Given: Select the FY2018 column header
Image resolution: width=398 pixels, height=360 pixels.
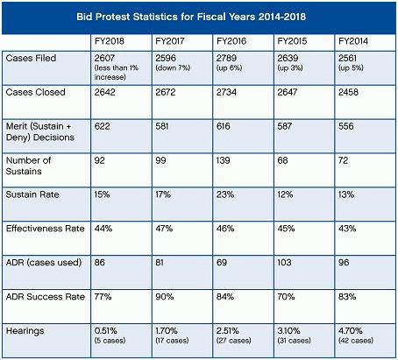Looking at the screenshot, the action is [x=110, y=41].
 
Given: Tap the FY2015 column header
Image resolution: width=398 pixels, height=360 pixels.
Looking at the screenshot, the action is [x=292, y=41].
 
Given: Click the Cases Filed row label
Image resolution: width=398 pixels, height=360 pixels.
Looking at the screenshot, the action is [x=31, y=58].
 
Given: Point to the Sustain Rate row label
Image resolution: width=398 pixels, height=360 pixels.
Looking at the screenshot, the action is [x=32, y=194].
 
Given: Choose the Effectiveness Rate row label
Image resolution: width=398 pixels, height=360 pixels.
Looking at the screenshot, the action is [x=46, y=229].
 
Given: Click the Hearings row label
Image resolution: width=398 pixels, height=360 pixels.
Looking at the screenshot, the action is [x=25, y=331].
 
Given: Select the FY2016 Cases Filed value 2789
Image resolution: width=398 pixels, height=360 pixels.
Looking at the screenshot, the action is [x=226, y=58].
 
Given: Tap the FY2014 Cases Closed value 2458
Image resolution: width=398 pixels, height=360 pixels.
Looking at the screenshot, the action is [x=348, y=92].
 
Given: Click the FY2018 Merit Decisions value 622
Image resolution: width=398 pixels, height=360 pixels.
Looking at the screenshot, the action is [x=102, y=126].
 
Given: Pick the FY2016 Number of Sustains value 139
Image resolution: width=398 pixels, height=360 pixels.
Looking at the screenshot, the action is [x=224, y=160].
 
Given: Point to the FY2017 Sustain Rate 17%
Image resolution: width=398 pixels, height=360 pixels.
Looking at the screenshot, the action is [x=163, y=194].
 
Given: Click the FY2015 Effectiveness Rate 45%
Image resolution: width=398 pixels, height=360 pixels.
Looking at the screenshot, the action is [x=286, y=229].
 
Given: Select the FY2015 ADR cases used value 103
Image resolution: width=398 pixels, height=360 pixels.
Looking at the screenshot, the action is [x=284, y=263].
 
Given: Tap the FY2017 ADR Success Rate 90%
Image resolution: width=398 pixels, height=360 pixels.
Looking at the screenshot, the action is [x=165, y=297].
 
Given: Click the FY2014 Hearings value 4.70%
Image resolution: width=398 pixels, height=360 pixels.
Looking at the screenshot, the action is [x=351, y=331].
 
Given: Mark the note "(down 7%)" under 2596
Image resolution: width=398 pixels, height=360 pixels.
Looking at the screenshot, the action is [x=173, y=68].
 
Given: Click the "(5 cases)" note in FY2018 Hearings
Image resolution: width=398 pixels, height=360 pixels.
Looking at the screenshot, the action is [x=110, y=341].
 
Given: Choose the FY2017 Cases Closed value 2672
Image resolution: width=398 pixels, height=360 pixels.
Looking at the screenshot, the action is [x=166, y=92].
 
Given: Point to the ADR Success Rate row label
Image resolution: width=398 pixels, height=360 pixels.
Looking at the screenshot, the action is [x=46, y=297].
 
